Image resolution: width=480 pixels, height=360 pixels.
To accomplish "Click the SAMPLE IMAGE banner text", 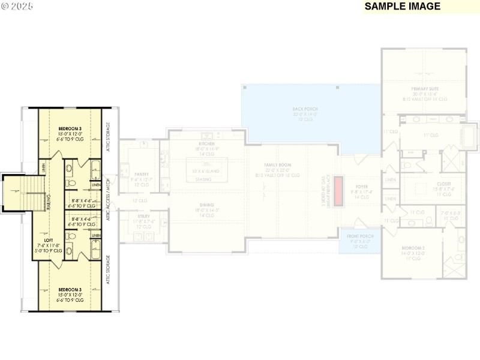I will click(x=403, y=7).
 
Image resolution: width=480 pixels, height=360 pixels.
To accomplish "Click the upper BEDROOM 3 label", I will click(x=71, y=130).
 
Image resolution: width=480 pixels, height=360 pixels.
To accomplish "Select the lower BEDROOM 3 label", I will click(x=71, y=290).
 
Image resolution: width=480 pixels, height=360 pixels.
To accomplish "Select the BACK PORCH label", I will click(x=305, y=109).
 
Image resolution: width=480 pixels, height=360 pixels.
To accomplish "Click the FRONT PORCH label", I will click(x=360, y=236).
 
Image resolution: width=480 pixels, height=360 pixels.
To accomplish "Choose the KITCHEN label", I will click(x=206, y=144).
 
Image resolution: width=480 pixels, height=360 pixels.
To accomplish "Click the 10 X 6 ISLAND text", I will click(x=206, y=171).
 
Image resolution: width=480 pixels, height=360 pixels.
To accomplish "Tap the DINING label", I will click(x=206, y=205).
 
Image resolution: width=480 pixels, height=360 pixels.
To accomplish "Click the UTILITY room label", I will click(x=143, y=216).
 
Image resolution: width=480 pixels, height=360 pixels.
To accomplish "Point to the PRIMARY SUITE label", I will click(x=425, y=89).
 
